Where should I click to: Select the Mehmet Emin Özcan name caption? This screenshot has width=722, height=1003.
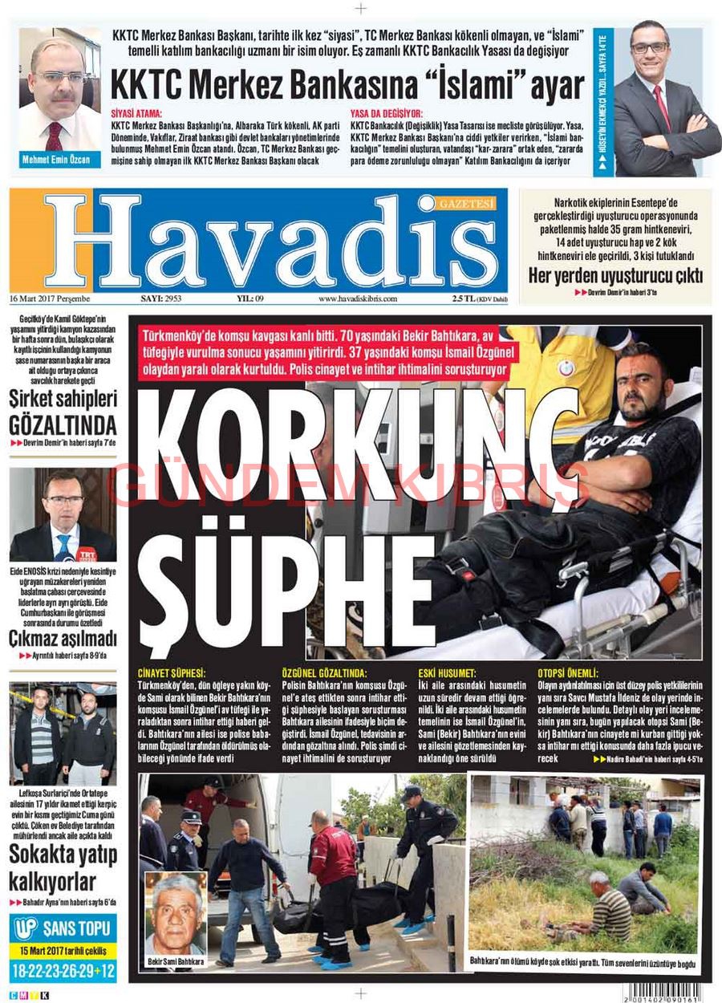58,160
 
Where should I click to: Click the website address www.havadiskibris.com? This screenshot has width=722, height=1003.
358,298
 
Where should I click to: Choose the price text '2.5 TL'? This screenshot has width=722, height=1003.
464,298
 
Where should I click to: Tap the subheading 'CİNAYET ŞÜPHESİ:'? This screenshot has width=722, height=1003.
172,672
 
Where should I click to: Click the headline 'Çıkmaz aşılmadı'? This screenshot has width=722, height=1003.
63,639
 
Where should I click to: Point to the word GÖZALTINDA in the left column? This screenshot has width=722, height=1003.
63,424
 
